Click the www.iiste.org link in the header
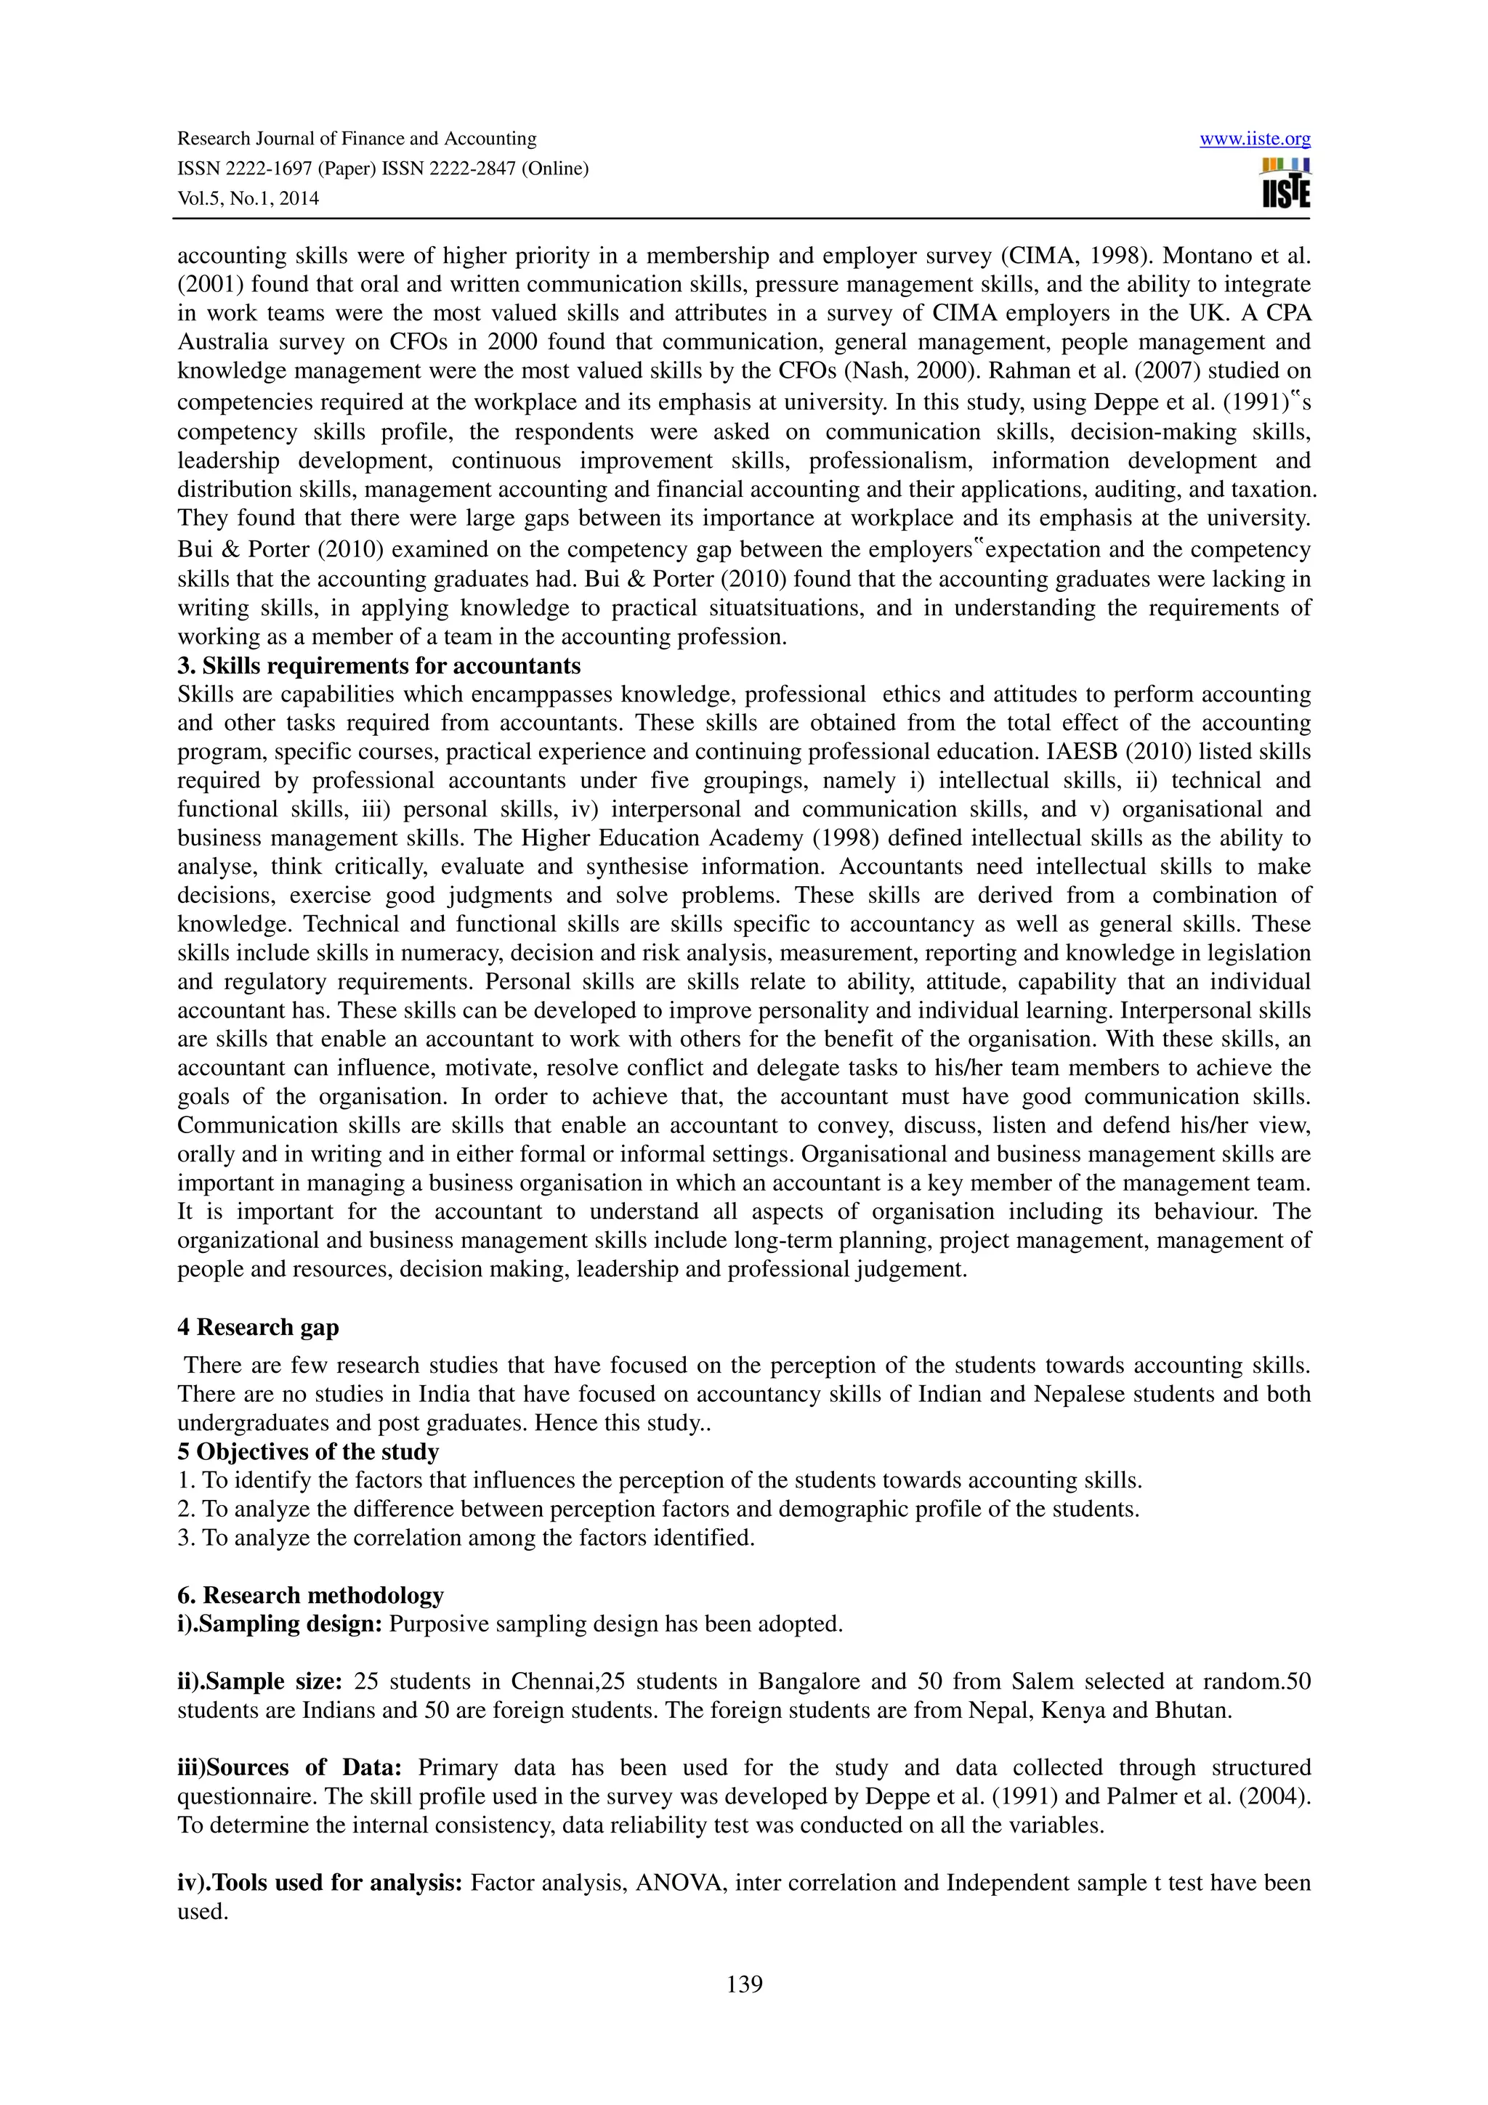(1255, 139)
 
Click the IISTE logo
(1285, 183)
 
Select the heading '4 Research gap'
(258, 1326)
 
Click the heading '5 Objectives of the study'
(308, 1451)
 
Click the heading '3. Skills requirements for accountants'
(379, 665)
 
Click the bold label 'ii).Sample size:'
(259, 1682)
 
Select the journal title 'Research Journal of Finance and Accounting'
(357, 139)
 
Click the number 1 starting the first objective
(183, 1480)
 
